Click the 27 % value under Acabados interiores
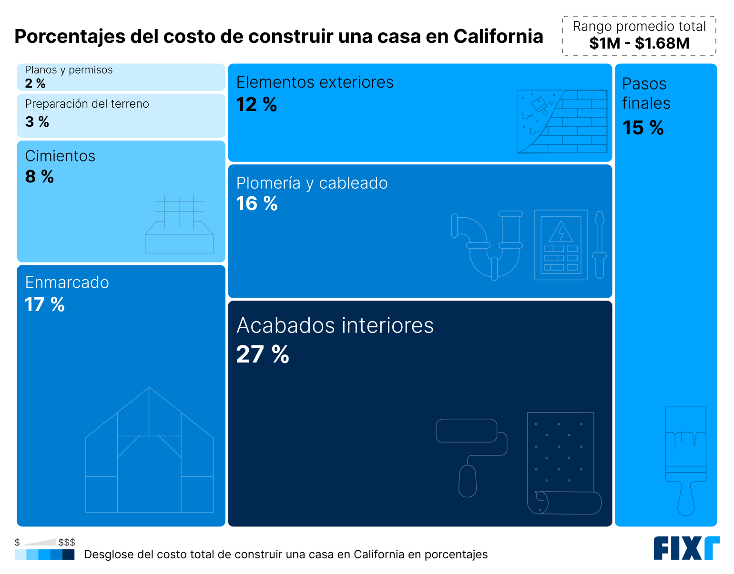pyautogui.click(x=263, y=354)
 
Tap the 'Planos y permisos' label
pyautogui.click(x=69, y=70)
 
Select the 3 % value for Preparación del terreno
pyautogui.click(x=37, y=122)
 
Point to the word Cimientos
pyautogui.click(x=60, y=156)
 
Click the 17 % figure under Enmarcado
pyautogui.click(x=44, y=305)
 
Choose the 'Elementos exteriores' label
pyautogui.click(x=315, y=82)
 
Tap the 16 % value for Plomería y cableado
pyautogui.click(x=257, y=204)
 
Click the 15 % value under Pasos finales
pyautogui.click(x=643, y=128)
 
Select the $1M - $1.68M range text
pyautogui.click(x=639, y=43)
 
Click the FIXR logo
pyautogui.click(x=686, y=548)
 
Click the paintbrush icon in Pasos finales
pyautogui.click(x=685, y=460)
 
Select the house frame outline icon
pyautogui.click(x=149, y=450)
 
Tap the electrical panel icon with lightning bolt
pyautogui.click(x=561, y=245)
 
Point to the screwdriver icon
pyautogui.click(x=600, y=245)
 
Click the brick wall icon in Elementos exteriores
pyautogui.click(x=562, y=121)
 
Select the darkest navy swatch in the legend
pyautogui.click(x=69, y=554)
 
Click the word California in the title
pyautogui.click(x=498, y=37)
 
